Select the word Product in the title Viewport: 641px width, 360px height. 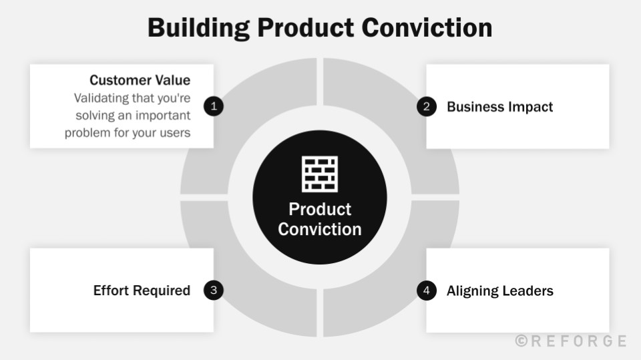306,28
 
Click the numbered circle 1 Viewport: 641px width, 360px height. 214,106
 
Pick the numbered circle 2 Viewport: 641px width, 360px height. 426,106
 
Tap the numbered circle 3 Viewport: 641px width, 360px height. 214,290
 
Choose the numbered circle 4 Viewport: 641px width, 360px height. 426,290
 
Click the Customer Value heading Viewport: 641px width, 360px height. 140,80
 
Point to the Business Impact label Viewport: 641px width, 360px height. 499,107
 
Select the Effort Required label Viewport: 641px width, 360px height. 142,291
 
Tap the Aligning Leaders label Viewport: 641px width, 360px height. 499,291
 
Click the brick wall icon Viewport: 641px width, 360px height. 320,174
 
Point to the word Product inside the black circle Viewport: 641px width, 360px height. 320,209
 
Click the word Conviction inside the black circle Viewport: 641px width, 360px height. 320,229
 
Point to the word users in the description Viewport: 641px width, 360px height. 175,132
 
